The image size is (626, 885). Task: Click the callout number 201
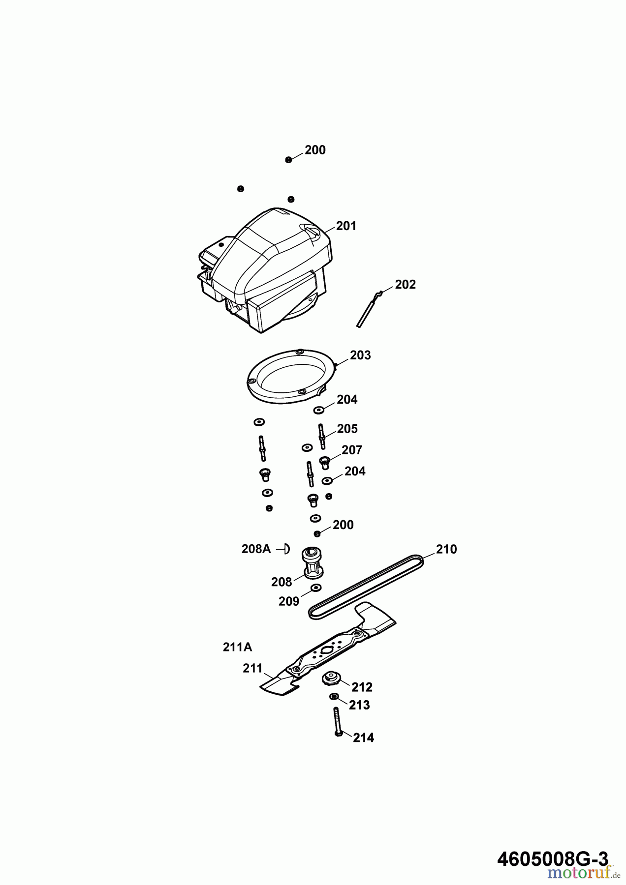click(x=346, y=226)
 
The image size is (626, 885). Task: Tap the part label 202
click(x=406, y=285)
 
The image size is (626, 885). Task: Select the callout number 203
click(x=360, y=355)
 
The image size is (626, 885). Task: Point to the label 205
click(x=347, y=429)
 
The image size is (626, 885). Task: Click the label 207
click(x=352, y=450)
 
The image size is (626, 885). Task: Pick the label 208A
click(x=256, y=549)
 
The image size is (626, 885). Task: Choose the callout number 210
click(x=446, y=549)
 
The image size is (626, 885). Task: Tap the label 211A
click(x=237, y=647)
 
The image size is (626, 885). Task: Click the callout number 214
click(x=363, y=737)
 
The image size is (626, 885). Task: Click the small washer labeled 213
click(x=334, y=697)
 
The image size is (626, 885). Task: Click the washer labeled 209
click(x=316, y=588)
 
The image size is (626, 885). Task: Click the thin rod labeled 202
click(x=369, y=309)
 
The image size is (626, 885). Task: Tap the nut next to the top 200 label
click(x=288, y=160)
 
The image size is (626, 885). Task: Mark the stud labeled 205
click(x=321, y=436)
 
